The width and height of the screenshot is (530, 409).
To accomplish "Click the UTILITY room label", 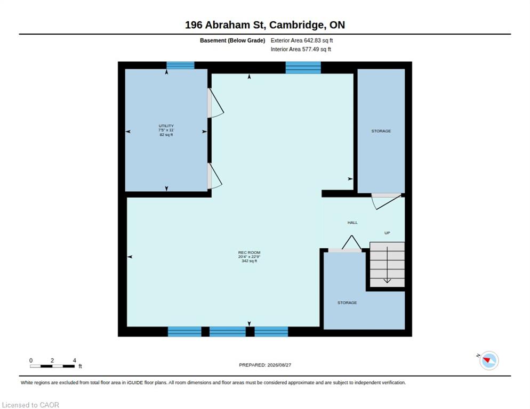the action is (x=166, y=126).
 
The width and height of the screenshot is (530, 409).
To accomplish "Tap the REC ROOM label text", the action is (x=249, y=252).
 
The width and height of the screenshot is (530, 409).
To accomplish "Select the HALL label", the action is (x=352, y=223).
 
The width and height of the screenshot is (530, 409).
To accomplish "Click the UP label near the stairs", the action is (x=387, y=233).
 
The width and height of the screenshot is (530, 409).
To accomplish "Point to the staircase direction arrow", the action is (x=387, y=265).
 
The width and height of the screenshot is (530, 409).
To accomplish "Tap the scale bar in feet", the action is (x=52, y=366).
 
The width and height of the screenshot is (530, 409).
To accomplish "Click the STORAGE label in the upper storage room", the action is (x=381, y=131).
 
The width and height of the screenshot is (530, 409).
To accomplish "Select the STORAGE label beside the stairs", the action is (x=347, y=302).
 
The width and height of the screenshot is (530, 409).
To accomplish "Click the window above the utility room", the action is (x=181, y=65).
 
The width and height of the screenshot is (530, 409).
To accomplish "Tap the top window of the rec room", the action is (x=303, y=68).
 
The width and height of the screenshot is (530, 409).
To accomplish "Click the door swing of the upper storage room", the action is (x=386, y=201).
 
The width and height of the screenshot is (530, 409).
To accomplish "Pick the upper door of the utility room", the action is (x=215, y=103).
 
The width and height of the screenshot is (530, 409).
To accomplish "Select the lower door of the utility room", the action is (x=214, y=176).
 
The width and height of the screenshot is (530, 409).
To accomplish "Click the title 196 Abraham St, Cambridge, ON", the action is (x=265, y=25).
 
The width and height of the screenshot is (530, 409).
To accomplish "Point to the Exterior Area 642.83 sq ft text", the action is (x=301, y=40).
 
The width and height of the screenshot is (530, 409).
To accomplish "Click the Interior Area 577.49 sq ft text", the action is (x=301, y=50).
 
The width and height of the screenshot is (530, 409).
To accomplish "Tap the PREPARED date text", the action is (x=265, y=365).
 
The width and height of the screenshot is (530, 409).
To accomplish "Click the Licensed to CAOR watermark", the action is (x=30, y=405).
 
